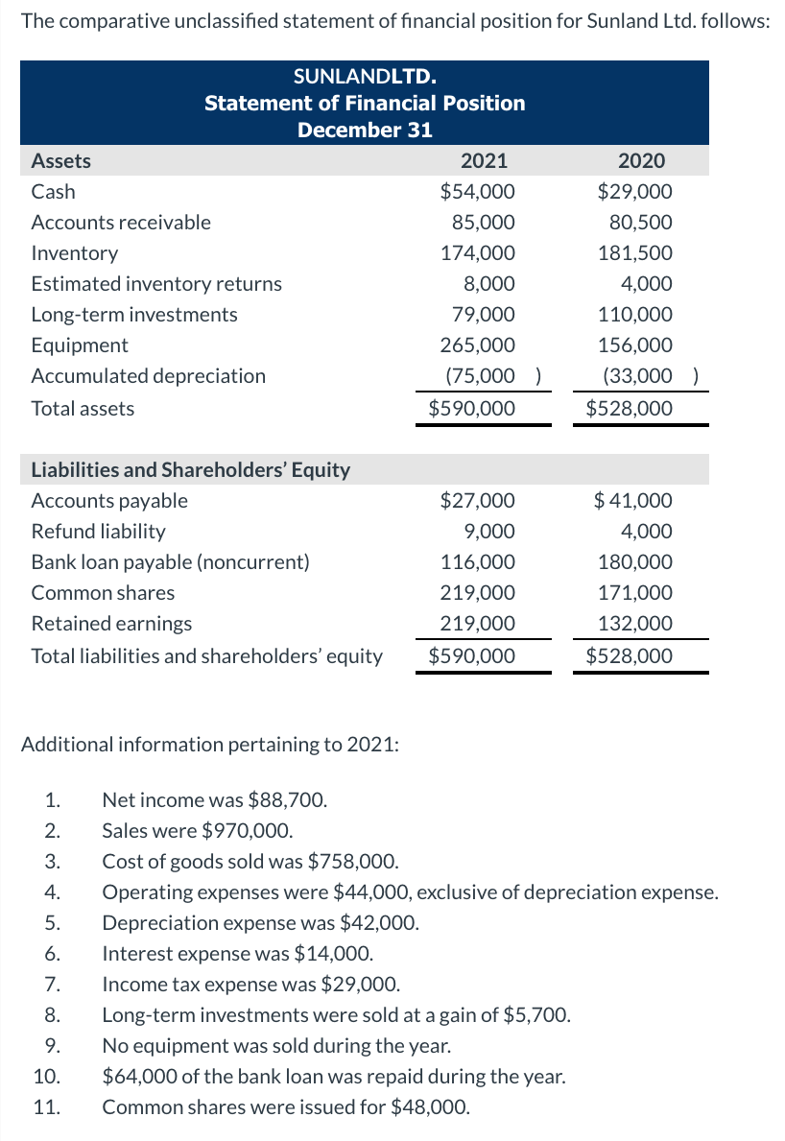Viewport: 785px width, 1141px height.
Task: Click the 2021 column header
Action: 485,161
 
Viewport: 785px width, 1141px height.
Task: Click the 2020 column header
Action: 642,161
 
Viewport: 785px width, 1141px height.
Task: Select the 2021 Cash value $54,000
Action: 477,192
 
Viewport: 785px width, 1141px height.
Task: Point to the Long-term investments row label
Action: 134,315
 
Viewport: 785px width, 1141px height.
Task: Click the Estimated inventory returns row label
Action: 156,284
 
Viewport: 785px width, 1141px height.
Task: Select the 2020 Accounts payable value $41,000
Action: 633,501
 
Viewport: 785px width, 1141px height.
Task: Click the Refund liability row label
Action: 98,532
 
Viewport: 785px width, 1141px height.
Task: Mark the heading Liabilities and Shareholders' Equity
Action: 191,470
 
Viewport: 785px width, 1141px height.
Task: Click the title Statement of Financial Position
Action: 365,103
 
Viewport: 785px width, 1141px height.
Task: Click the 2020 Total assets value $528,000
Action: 630,409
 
